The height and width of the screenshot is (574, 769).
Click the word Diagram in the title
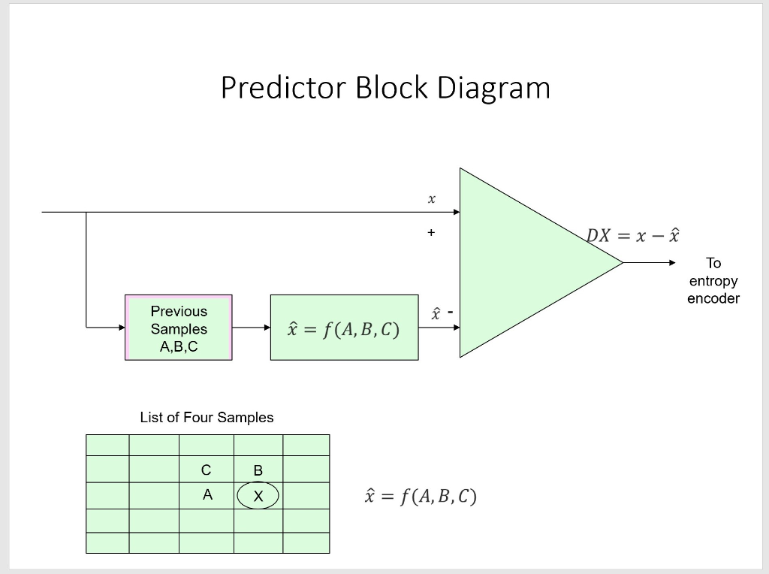click(494, 88)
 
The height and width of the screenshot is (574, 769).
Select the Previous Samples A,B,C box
click(179, 328)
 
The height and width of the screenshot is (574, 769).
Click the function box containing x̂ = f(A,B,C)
click(344, 328)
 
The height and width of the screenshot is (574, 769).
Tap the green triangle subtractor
click(518, 262)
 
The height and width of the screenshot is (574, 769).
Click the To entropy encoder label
click(713, 281)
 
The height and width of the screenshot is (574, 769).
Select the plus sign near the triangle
click(431, 233)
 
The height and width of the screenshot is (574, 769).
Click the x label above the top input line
click(431, 200)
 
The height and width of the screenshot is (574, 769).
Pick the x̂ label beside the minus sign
click(434, 313)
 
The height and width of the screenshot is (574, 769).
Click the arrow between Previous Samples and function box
click(251, 328)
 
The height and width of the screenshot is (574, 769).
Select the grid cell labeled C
click(207, 470)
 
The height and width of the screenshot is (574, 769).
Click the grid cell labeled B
click(258, 470)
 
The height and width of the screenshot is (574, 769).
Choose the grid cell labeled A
click(207, 495)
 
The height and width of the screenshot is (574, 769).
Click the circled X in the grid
click(258, 496)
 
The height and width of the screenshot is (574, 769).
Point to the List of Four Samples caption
click(207, 417)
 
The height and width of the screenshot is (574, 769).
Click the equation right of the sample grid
click(420, 497)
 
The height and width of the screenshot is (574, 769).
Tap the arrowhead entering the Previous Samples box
click(119, 328)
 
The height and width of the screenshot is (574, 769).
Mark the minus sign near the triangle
click(451, 310)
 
